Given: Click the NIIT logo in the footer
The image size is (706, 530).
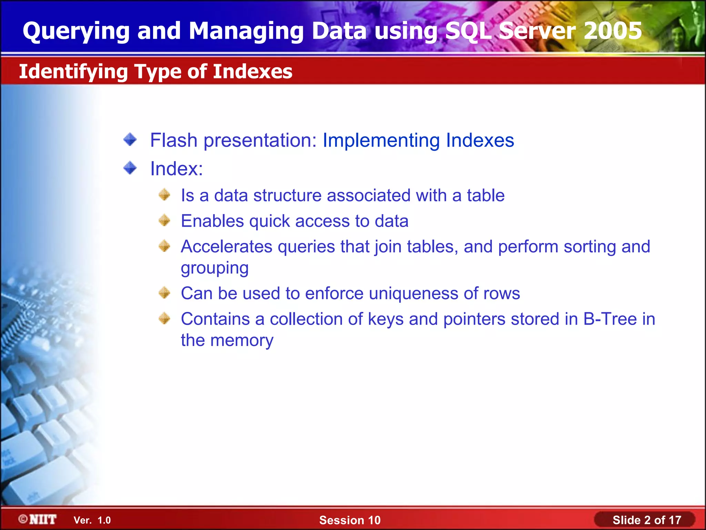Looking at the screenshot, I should [38, 519].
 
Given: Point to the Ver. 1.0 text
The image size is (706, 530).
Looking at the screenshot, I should [92, 520].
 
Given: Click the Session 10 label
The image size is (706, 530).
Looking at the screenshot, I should [350, 520].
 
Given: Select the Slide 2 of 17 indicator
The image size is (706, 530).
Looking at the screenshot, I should [647, 520].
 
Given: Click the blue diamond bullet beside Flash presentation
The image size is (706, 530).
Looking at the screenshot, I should [130, 140].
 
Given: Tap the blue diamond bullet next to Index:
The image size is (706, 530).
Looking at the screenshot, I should [130, 168].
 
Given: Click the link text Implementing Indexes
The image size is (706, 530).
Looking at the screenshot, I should [418, 140].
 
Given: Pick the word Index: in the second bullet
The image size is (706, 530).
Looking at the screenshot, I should [176, 169].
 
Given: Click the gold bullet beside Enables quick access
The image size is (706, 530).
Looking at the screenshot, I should [164, 220].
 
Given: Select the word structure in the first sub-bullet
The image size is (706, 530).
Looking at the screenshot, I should [288, 195].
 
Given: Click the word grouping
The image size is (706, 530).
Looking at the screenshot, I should [214, 268].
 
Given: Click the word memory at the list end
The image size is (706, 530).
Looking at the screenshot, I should [242, 340].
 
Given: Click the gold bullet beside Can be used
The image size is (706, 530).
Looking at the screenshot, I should [164, 293].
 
